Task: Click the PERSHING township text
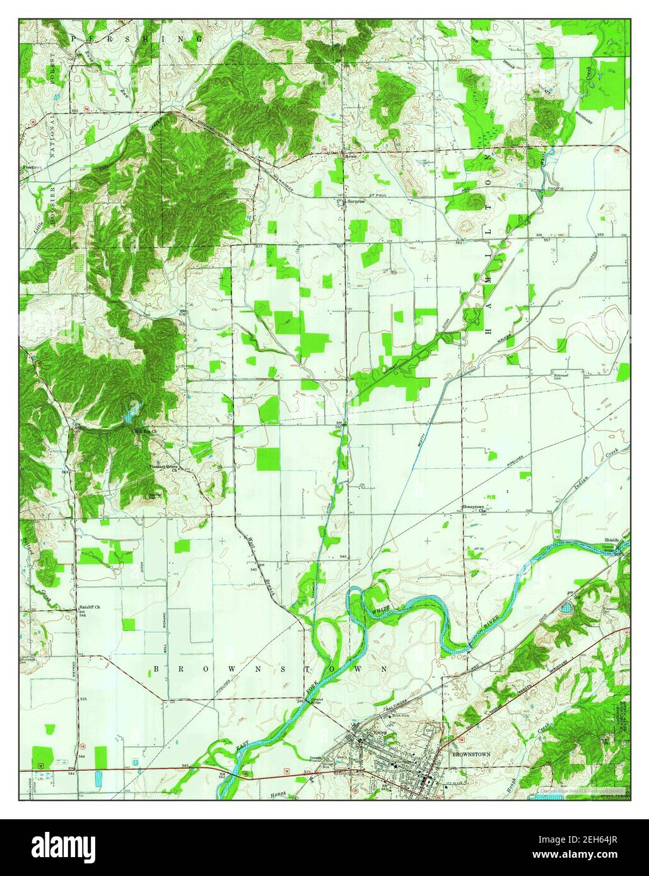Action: click(x=136, y=39)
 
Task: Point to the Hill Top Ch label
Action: click(x=146, y=432)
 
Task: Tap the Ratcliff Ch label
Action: click(x=90, y=608)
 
